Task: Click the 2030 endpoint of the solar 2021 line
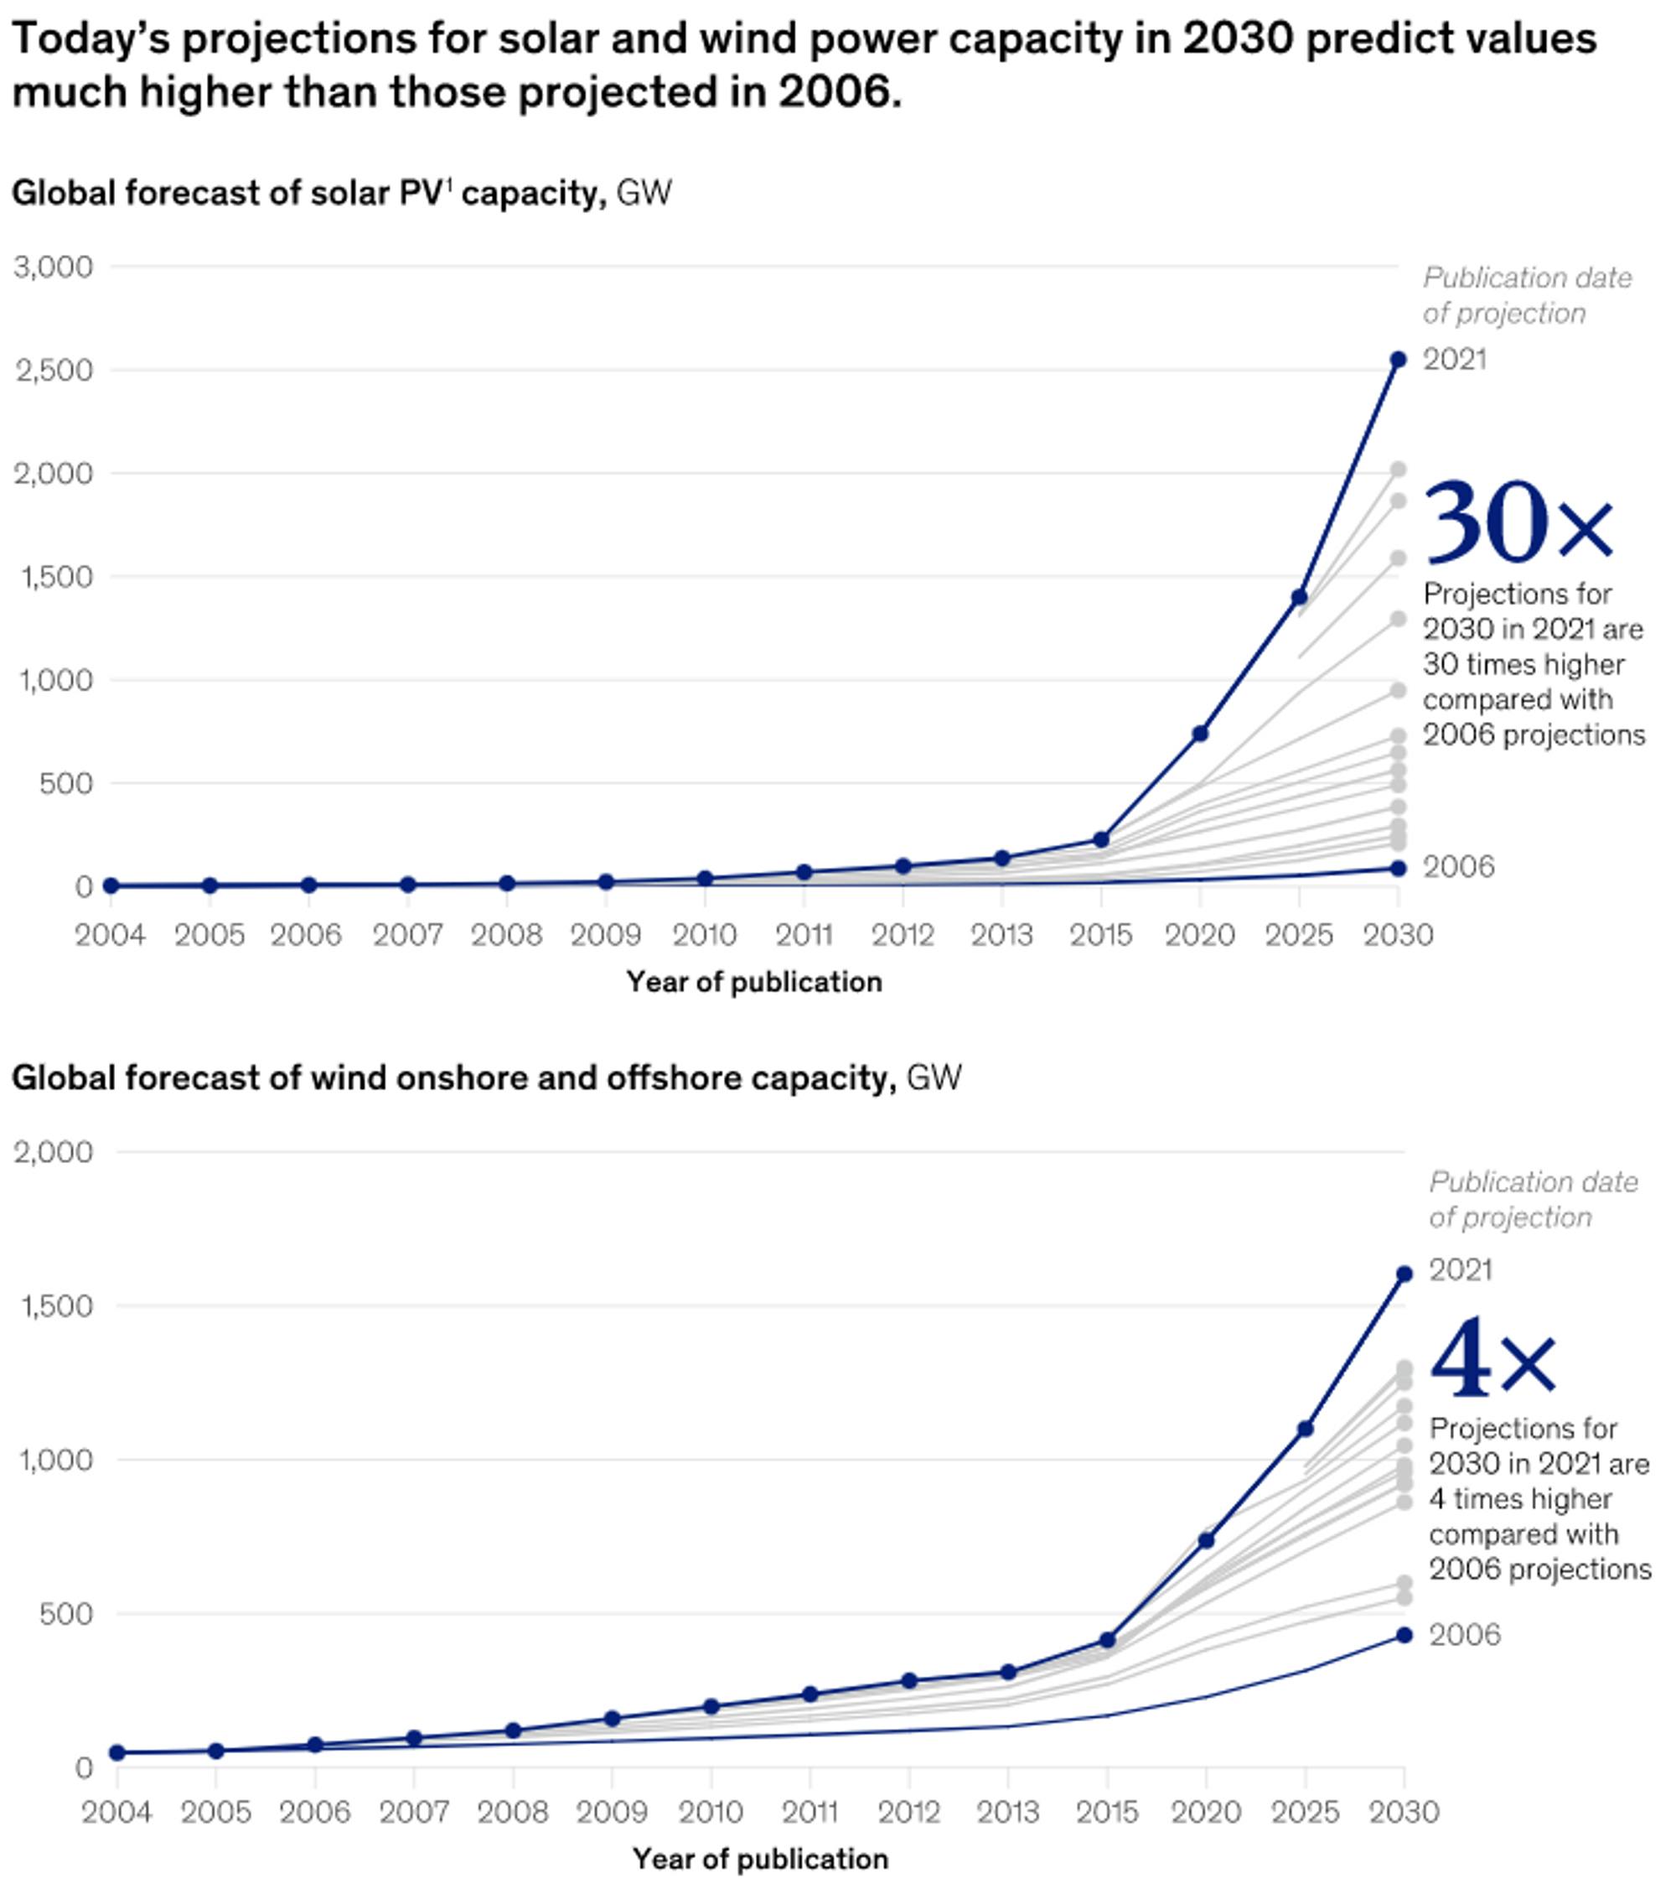click(1398, 360)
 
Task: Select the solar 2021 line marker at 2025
click(1299, 597)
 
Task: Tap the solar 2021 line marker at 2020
click(1200, 734)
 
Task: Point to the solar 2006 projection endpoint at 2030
click(1398, 868)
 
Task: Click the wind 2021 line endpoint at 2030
click(1404, 1274)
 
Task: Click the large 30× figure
click(1517, 522)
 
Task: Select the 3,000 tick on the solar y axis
click(54, 267)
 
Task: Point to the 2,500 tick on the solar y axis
click(54, 371)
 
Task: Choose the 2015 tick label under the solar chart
click(1100, 935)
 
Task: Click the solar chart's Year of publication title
click(754, 982)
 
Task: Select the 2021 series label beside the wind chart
click(1461, 1269)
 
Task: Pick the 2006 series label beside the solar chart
click(1458, 867)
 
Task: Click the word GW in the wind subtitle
click(934, 1077)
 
